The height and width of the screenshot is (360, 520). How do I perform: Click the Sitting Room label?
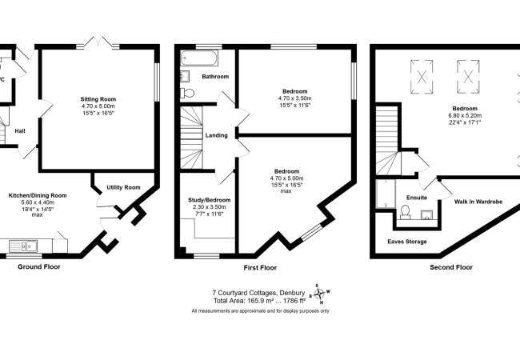[x=98, y=99]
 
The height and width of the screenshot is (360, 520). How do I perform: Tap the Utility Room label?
[x=123, y=187]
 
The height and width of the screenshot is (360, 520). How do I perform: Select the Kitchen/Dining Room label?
[x=38, y=195]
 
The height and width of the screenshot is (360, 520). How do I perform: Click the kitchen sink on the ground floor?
[x=23, y=246]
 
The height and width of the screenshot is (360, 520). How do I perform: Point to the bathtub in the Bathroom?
[x=199, y=58]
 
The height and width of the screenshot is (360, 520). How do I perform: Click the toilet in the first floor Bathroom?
[x=187, y=93]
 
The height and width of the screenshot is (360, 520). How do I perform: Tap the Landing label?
[x=217, y=135]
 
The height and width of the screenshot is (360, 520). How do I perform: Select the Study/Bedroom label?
[x=210, y=200]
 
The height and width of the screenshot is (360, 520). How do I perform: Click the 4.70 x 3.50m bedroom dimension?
[x=295, y=98]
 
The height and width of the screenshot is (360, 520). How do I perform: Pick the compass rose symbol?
[x=319, y=294]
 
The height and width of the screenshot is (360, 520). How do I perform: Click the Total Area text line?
[x=260, y=301]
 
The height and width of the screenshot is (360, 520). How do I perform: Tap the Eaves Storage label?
[x=407, y=242]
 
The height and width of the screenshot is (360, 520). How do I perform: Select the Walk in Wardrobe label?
[x=478, y=202]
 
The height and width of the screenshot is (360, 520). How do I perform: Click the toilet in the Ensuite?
[x=405, y=213]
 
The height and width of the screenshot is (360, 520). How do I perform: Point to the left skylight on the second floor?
[x=422, y=78]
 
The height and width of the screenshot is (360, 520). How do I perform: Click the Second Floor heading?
[x=451, y=267]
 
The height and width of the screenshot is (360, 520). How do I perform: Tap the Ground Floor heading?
[x=39, y=267]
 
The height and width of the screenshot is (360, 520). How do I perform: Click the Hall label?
[x=20, y=131]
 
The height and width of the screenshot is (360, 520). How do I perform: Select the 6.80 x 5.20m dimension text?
[x=465, y=116]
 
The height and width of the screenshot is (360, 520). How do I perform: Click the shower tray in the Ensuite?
[x=386, y=194]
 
